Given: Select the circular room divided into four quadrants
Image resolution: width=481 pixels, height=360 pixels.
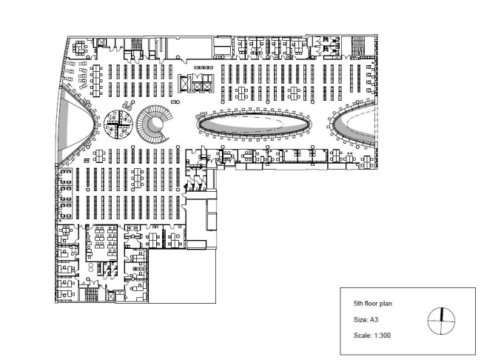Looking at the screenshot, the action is click(x=118, y=124).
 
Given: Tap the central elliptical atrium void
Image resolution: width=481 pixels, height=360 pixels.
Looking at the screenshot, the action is click(x=253, y=124).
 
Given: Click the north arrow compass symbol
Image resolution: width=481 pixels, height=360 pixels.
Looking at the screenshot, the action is click(x=441, y=321).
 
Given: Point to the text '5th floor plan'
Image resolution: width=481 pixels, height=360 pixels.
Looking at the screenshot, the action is click(x=373, y=304).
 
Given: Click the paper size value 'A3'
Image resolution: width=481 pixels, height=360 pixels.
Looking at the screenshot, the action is click(x=374, y=320).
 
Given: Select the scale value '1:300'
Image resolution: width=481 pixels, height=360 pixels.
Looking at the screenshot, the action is click(x=382, y=335).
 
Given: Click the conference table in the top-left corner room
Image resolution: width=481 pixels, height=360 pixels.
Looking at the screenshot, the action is click(x=80, y=48).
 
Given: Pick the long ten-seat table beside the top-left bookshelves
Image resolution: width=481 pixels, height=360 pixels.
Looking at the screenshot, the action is click(x=97, y=81).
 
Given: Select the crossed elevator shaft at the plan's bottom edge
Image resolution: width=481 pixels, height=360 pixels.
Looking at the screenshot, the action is click(x=111, y=296).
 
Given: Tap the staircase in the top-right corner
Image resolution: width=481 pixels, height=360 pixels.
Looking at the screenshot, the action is click(x=358, y=46).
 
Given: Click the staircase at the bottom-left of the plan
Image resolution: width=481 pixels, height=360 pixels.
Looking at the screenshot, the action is click(x=91, y=295).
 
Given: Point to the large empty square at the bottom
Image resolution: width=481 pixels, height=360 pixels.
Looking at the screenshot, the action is click(x=182, y=276).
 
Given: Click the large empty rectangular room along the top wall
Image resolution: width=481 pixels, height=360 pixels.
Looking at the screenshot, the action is click(x=189, y=48).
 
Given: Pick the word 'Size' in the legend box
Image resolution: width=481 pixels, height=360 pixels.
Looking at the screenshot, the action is click(x=360, y=320).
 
